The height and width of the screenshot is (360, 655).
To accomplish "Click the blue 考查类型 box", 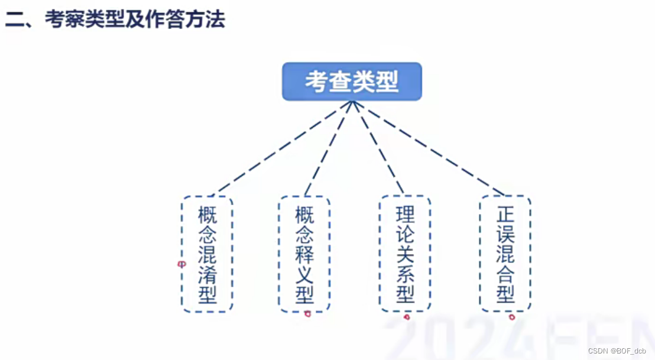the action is pyautogui.click(x=352, y=82).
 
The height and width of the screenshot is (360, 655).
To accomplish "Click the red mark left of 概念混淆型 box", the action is pyautogui.click(x=181, y=265).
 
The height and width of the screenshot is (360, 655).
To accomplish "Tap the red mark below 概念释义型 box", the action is pyautogui.click(x=307, y=314).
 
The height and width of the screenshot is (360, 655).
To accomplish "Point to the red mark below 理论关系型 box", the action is pyautogui.click(x=407, y=317).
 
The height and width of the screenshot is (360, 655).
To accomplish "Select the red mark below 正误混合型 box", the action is pyautogui.click(x=512, y=317).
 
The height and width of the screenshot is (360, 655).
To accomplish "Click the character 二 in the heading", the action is pyautogui.click(x=14, y=20).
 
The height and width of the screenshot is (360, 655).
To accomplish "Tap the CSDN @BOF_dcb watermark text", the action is pyautogui.click(x=617, y=351).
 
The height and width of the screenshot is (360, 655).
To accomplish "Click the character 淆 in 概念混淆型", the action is pyautogui.click(x=207, y=274).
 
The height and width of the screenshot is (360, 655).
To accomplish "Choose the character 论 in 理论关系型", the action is pyautogui.click(x=406, y=233).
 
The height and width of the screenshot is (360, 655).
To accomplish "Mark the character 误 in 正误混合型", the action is pyautogui.click(x=506, y=233).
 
